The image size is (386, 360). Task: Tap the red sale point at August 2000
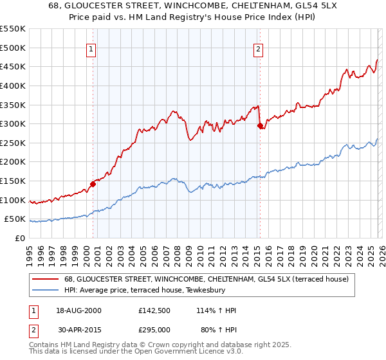pyautogui.click(x=93, y=184)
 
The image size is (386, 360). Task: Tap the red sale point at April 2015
pyautogui.click(x=260, y=126)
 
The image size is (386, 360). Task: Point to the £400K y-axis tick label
pyautogui.click(x=13, y=85)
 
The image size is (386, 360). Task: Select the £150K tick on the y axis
pyautogui.click(x=13, y=181)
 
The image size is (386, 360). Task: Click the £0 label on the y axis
pyautogui.click(x=21, y=238)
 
